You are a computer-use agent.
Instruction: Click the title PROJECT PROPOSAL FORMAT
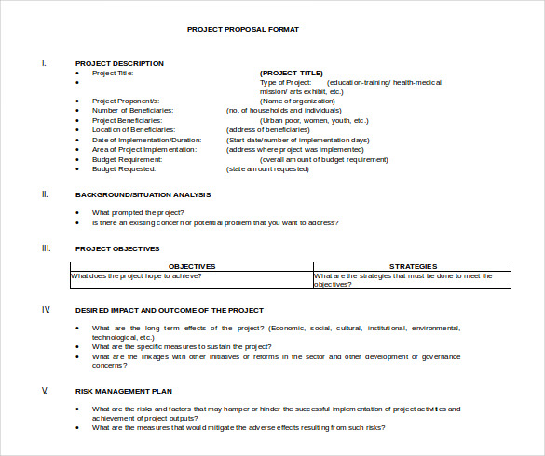(x=243, y=29)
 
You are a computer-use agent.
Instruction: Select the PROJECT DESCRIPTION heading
(x=119, y=63)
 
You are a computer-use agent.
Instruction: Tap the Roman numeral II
(x=45, y=194)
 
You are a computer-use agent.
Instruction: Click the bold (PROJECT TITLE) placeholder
(x=292, y=73)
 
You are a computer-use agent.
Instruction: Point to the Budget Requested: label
(x=124, y=169)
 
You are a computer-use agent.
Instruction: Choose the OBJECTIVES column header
(x=192, y=266)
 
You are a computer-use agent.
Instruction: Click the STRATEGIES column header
(x=413, y=266)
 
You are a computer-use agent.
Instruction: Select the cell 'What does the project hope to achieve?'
(x=137, y=276)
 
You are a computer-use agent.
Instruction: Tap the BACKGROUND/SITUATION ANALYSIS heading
(x=143, y=194)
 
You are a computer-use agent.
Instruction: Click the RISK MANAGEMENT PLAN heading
(x=124, y=391)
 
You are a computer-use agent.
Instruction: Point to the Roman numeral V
(x=44, y=391)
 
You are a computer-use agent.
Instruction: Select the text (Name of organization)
(x=294, y=101)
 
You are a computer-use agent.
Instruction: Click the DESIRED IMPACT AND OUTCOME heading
(x=169, y=309)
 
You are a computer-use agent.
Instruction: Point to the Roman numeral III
(x=46, y=248)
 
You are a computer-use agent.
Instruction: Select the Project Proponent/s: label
(x=126, y=101)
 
